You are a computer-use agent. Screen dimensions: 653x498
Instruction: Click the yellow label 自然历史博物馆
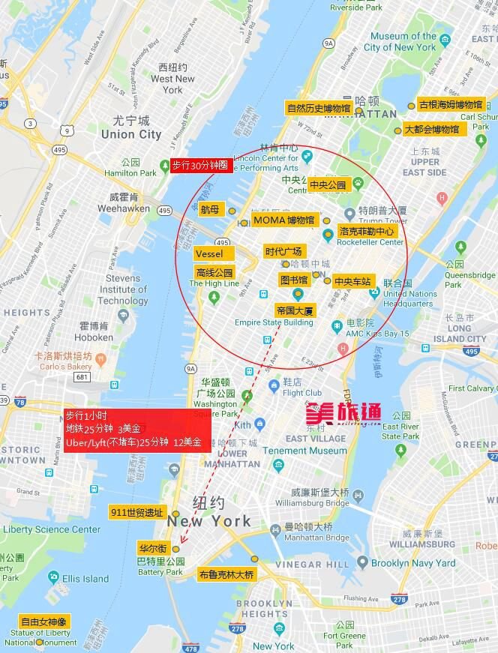(x=318, y=108)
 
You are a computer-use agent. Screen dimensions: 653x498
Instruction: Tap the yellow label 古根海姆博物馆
(x=451, y=105)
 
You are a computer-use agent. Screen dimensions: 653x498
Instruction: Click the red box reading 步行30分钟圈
(x=199, y=166)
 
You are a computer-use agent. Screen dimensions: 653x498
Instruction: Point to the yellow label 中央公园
(x=327, y=184)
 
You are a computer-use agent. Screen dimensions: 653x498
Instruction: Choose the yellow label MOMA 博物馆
(x=284, y=220)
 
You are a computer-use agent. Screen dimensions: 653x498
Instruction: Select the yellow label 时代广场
(x=283, y=251)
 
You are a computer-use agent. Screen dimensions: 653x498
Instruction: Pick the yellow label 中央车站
(x=352, y=282)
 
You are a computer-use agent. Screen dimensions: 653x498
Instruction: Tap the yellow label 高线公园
(x=214, y=272)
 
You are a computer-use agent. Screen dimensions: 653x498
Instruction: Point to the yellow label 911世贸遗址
(x=136, y=513)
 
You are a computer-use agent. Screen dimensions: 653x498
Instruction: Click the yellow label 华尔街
(x=153, y=548)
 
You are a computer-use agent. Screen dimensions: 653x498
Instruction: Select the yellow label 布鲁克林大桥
(x=226, y=575)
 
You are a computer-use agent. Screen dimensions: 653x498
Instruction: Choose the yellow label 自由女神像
(x=43, y=622)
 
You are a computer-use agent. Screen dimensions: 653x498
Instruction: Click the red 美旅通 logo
(x=343, y=412)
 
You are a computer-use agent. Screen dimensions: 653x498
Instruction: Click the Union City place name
(x=131, y=134)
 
